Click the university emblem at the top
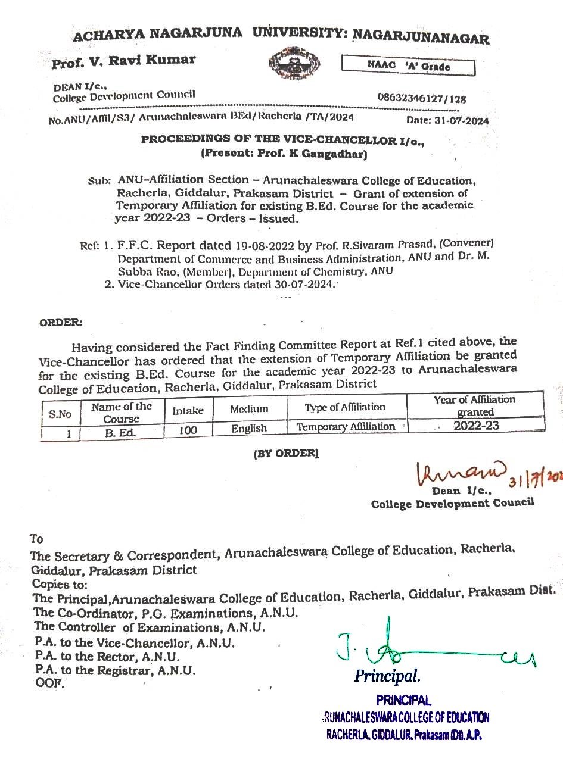(294, 64)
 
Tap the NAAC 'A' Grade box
(408, 66)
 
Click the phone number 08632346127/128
(422, 98)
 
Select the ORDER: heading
(61, 323)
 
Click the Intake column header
(188, 411)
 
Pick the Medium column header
(249, 409)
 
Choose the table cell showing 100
(188, 430)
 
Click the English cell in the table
(249, 429)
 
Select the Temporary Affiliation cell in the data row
(346, 427)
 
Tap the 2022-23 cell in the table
(475, 426)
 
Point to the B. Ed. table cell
(121, 433)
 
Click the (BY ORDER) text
(286, 453)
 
